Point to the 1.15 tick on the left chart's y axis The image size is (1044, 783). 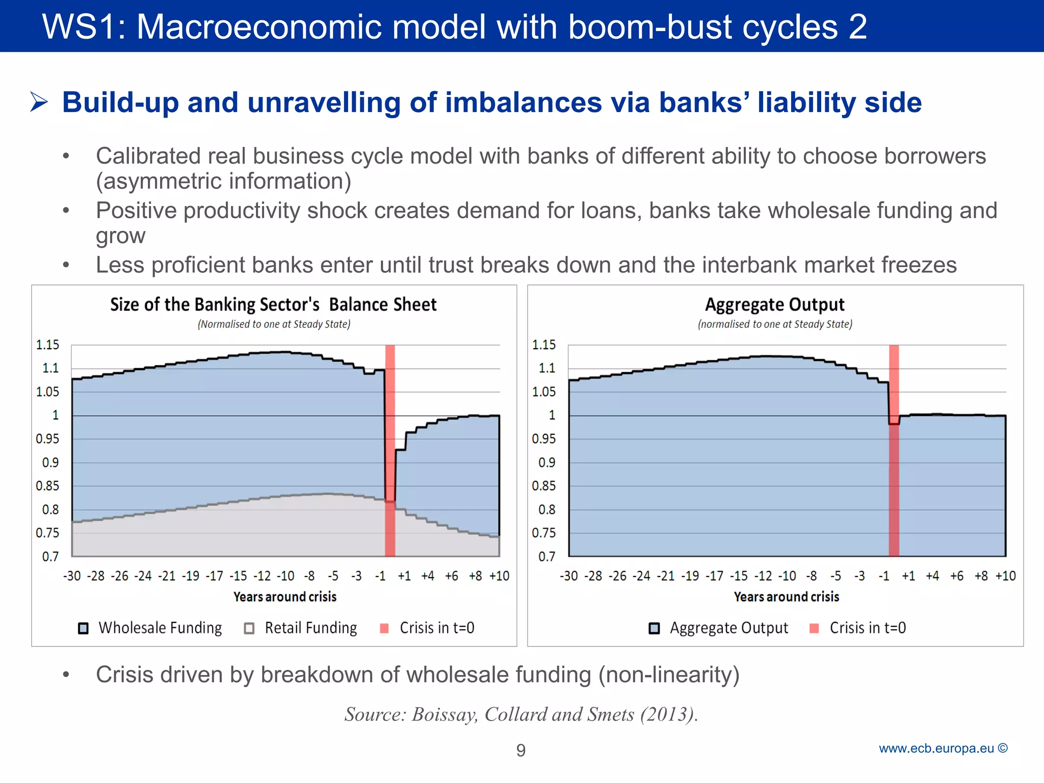click(47, 345)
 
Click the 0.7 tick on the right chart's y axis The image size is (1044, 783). click(546, 557)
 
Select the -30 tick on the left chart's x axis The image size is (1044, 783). click(72, 576)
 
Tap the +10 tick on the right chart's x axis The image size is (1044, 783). click(1005, 576)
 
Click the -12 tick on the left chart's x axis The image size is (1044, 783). click(263, 576)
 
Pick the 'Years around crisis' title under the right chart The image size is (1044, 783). click(786, 596)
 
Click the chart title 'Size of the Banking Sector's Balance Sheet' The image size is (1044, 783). click(273, 304)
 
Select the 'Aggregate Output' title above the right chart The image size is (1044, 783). click(775, 304)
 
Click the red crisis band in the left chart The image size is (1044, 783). click(390, 449)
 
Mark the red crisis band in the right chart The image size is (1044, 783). click(894, 449)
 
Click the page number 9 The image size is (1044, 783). click(521, 750)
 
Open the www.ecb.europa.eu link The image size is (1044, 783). click(937, 748)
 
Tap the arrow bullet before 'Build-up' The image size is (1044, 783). click(39, 102)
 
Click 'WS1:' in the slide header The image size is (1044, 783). click(84, 27)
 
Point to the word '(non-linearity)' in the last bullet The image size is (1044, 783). click(669, 674)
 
